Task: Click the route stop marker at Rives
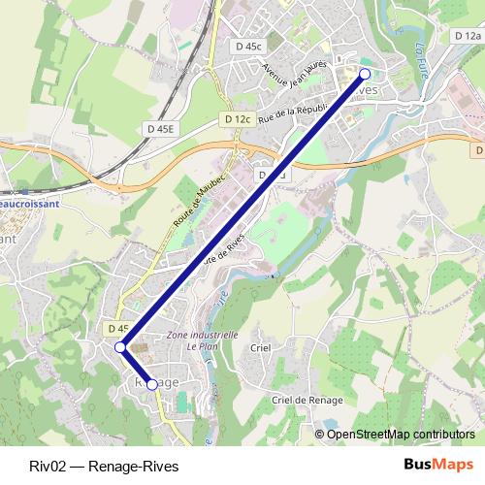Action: click(366, 74)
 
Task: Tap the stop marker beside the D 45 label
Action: click(120, 347)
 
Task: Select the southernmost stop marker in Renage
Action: click(152, 384)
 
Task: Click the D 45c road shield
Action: click(248, 46)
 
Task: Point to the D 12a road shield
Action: click(467, 37)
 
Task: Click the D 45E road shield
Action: click(162, 128)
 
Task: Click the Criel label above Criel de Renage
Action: click(260, 347)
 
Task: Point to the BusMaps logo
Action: click(437, 465)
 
